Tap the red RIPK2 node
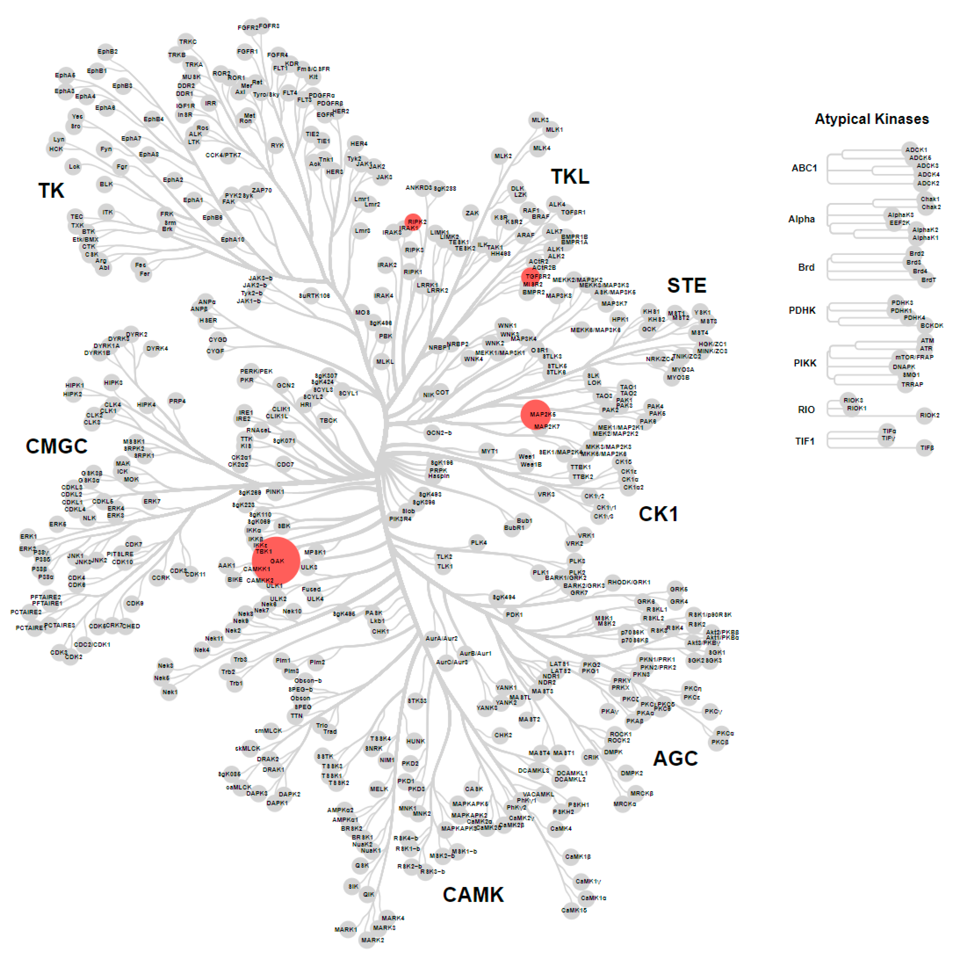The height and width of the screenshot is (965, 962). (x=413, y=222)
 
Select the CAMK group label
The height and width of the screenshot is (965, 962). (x=473, y=895)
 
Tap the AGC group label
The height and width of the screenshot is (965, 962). (x=675, y=758)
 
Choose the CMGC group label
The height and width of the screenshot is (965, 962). (x=57, y=446)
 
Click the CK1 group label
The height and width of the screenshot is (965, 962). (x=658, y=514)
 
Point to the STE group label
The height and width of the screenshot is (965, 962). (x=687, y=285)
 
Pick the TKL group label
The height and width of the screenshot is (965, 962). (x=570, y=176)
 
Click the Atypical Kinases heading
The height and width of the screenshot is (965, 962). (x=871, y=119)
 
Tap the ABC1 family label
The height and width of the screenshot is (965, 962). (x=804, y=168)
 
